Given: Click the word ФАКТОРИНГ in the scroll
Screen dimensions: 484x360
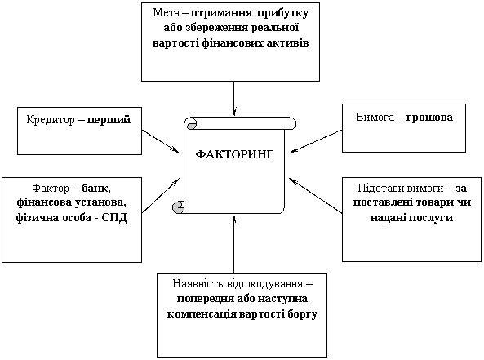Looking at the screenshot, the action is click(x=234, y=153).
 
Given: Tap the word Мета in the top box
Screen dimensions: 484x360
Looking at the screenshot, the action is click(x=166, y=13).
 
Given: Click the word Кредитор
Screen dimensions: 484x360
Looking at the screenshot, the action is click(x=51, y=120).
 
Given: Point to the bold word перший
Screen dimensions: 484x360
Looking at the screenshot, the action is click(x=109, y=120).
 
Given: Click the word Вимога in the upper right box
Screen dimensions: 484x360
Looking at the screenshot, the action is click(x=375, y=118).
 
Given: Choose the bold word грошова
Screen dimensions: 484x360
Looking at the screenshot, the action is click(x=429, y=118).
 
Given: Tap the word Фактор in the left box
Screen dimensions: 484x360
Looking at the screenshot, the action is click(x=51, y=188).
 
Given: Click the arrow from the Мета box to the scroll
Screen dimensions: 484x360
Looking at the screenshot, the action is click(x=234, y=99).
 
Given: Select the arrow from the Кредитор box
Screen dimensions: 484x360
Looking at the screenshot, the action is click(x=161, y=141).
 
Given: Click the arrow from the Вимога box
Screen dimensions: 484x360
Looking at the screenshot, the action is click(x=316, y=141).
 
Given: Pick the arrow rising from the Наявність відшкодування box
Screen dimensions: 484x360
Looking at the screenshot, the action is click(x=234, y=244).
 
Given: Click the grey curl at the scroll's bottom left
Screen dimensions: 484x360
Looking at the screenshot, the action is click(x=178, y=207).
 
